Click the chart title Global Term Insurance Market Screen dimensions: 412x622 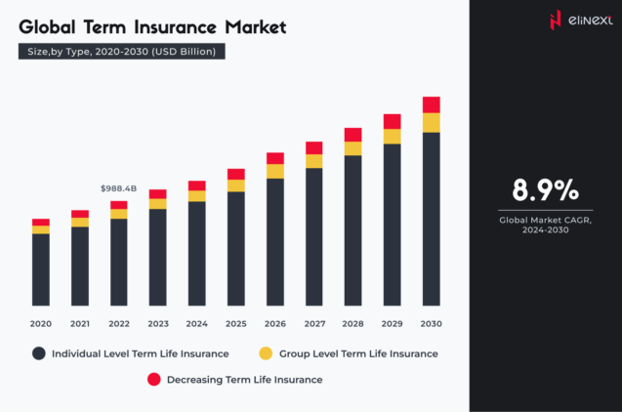[152, 26]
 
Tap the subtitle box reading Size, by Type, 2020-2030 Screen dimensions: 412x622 [122, 51]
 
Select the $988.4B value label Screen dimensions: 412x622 [119, 188]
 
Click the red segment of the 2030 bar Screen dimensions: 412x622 [431, 104]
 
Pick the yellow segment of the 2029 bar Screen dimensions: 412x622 [392, 137]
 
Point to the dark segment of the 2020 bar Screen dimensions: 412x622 [40, 269]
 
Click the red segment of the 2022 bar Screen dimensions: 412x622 [119, 205]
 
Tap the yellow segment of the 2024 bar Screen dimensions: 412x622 [197, 196]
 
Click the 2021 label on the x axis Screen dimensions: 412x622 [79, 323]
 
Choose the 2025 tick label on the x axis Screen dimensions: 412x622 [235, 323]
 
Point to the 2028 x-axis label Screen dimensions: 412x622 [352, 323]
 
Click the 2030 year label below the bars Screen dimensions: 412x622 [431, 323]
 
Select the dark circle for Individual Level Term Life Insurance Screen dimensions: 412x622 [39, 353]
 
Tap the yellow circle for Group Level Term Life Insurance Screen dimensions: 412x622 [266, 353]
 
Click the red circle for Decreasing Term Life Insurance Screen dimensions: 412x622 [153, 379]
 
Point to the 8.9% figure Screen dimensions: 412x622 [545, 189]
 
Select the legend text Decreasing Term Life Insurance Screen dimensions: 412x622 [244, 379]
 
